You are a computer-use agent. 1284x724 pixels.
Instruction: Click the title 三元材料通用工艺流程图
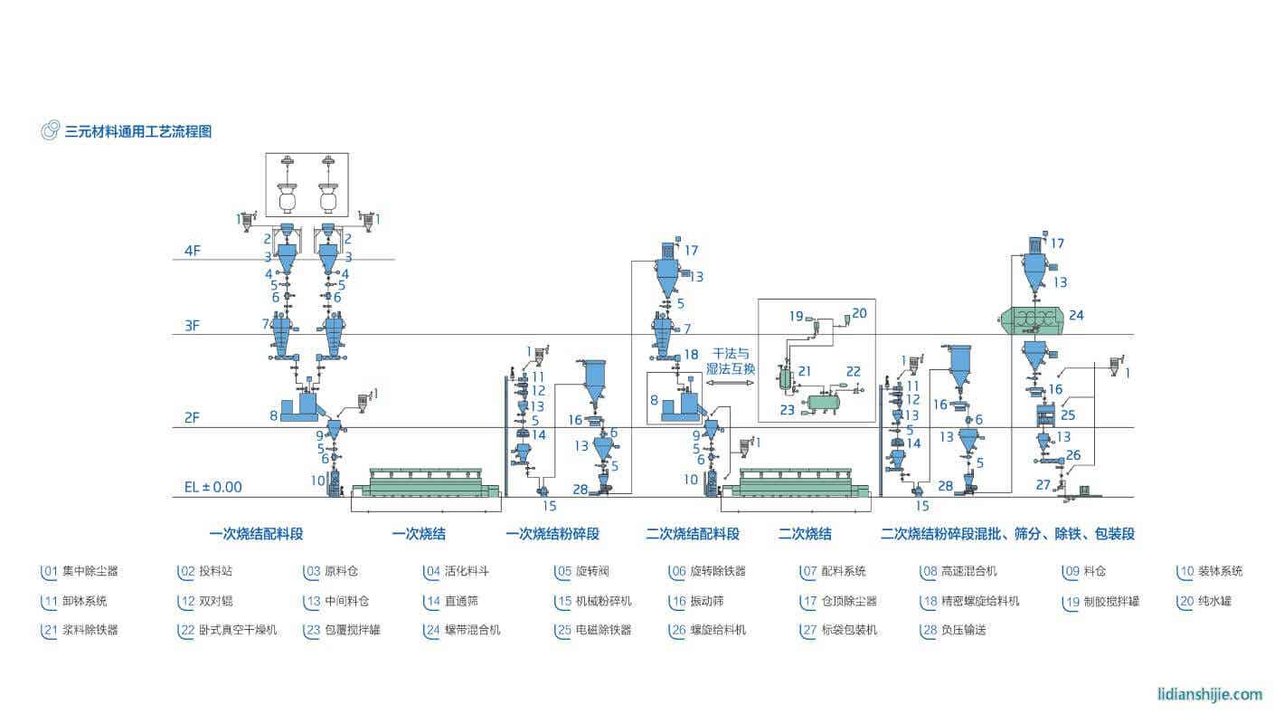click(137, 131)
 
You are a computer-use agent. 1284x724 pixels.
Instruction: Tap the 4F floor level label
click(192, 250)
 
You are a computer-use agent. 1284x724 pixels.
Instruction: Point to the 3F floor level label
click(192, 325)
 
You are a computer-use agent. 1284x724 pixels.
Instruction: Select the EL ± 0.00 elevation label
click(213, 487)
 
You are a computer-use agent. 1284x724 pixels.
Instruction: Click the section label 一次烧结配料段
click(256, 534)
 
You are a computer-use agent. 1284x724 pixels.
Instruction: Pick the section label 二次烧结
click(805, 534)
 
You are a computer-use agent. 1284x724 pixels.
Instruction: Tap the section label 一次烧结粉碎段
click(552, 534)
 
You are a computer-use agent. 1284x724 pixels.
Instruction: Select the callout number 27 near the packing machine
click(1043, 485)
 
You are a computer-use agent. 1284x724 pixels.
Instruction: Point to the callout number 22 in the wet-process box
click(853, 371)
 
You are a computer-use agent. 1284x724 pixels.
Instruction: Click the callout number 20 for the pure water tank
click(858, 313)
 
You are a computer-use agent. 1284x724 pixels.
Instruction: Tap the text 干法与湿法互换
click(732, 361)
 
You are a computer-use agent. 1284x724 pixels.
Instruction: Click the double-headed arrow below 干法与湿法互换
click(730, 384)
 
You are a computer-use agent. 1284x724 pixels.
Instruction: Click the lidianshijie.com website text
click(1210, 694)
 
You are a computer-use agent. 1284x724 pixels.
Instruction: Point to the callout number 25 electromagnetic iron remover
click(1068, 415)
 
